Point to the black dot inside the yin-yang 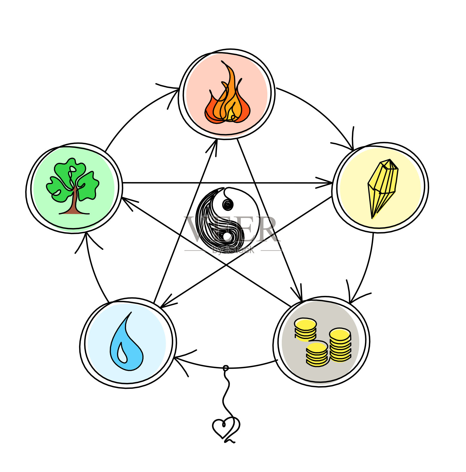click(x=228, y=204)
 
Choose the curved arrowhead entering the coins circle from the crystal click(x=351, y=301)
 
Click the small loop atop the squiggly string click(x=226, y=368)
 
